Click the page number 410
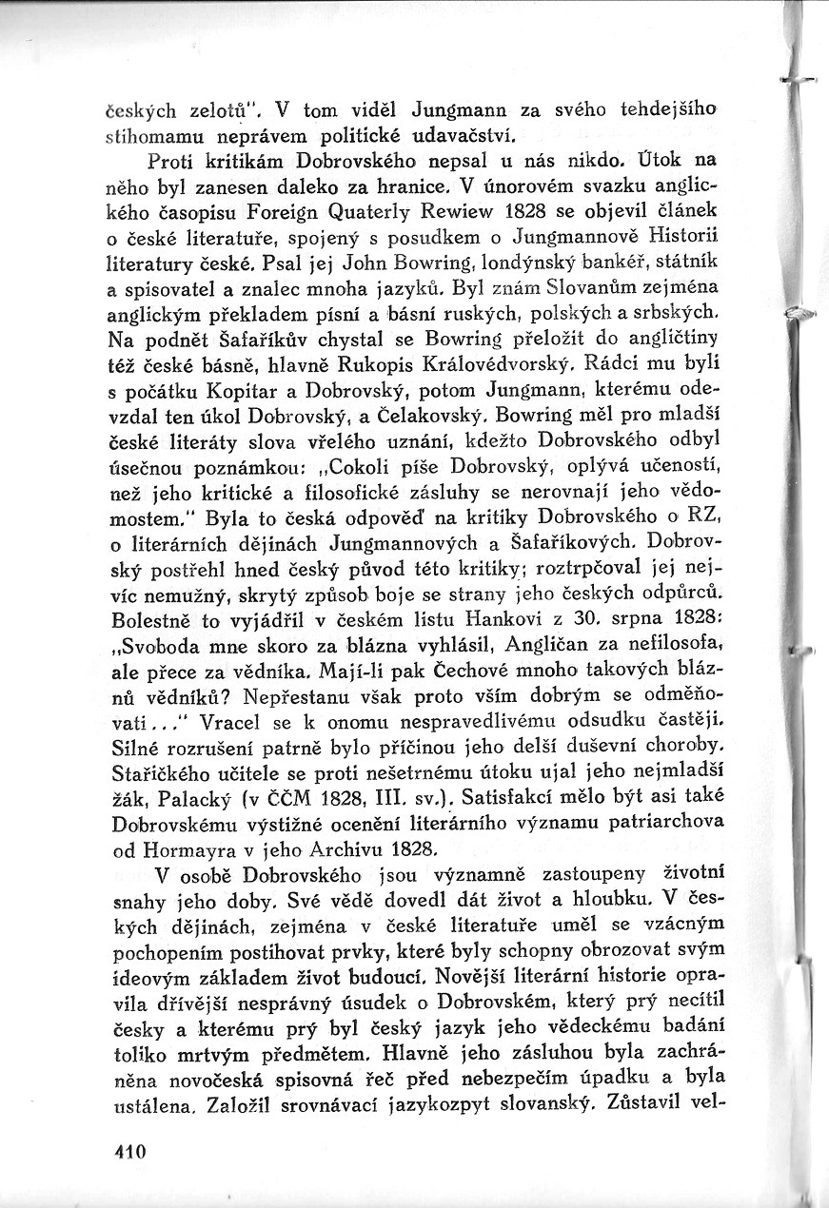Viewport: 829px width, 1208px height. (127, 1150)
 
